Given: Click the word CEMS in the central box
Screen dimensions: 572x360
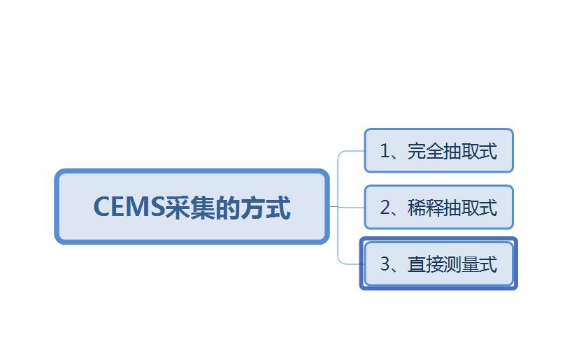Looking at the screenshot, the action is [129, 207].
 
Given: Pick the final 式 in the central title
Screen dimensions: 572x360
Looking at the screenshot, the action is [278, 207].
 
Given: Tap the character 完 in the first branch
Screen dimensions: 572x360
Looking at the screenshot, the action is [417, 150].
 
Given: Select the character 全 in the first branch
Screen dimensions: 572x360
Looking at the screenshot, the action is [434, 150].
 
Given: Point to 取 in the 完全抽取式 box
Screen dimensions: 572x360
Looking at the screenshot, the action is [470, 150].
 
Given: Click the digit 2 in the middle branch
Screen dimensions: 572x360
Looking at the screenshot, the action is [385, 208].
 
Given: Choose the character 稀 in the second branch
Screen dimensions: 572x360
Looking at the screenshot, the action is [417, 208].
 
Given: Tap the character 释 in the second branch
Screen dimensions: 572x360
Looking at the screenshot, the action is [434, 208].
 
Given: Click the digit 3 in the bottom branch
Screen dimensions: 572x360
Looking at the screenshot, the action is [385, 264].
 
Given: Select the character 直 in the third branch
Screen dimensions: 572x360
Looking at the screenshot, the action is [417, 264].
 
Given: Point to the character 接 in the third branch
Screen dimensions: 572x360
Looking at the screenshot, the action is [434, 264].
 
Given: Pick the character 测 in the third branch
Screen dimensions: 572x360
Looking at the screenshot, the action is [452, 264].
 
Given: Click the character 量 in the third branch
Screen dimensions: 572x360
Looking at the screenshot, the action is [470, 264].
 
